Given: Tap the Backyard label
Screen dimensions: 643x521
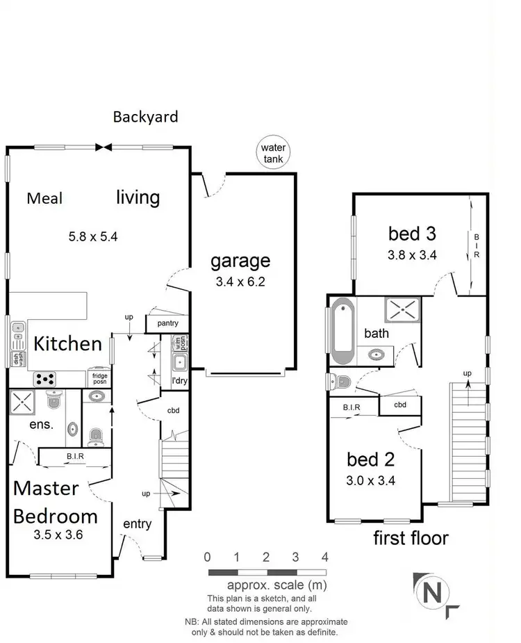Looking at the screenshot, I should pos(145,117).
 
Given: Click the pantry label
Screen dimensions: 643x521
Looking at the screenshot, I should pos(167,323).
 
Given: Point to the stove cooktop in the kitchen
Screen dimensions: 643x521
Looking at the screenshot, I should pos(47,380).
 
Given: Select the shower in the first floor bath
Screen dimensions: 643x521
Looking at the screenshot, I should pos(399,310).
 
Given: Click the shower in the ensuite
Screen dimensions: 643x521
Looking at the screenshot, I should pos(22,402).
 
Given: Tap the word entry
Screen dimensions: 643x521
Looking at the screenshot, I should pos(137,523).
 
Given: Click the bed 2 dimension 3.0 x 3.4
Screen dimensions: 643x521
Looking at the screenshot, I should pos(370,480).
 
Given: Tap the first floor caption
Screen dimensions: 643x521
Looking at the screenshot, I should pos(411,537).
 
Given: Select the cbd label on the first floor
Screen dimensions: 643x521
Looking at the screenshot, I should pos(399,405).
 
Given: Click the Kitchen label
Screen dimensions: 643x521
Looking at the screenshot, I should pos(68,343).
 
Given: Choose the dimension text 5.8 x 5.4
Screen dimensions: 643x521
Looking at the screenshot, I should pos(92,236).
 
